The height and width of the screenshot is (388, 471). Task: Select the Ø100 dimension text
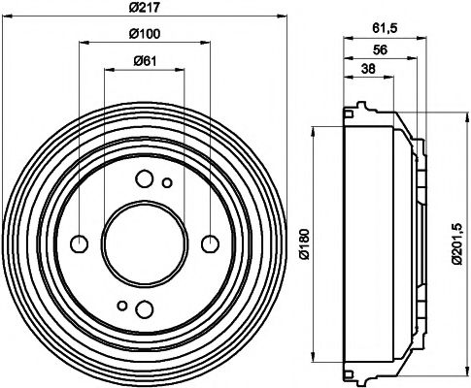pyautogui.click(x=143, y=36)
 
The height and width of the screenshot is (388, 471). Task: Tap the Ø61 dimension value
pyautogui.click(x=143, y=62)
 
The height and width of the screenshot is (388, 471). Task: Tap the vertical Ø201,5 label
pyautogui.click(x=455, y=243)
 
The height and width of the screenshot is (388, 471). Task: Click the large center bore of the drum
pyautogui.click(x=144, y=243)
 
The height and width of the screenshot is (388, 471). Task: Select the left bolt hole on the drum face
pyautogui.click(x=80, y=243)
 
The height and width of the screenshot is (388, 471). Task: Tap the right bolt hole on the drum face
pyautogui.click(x=208, y=243)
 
